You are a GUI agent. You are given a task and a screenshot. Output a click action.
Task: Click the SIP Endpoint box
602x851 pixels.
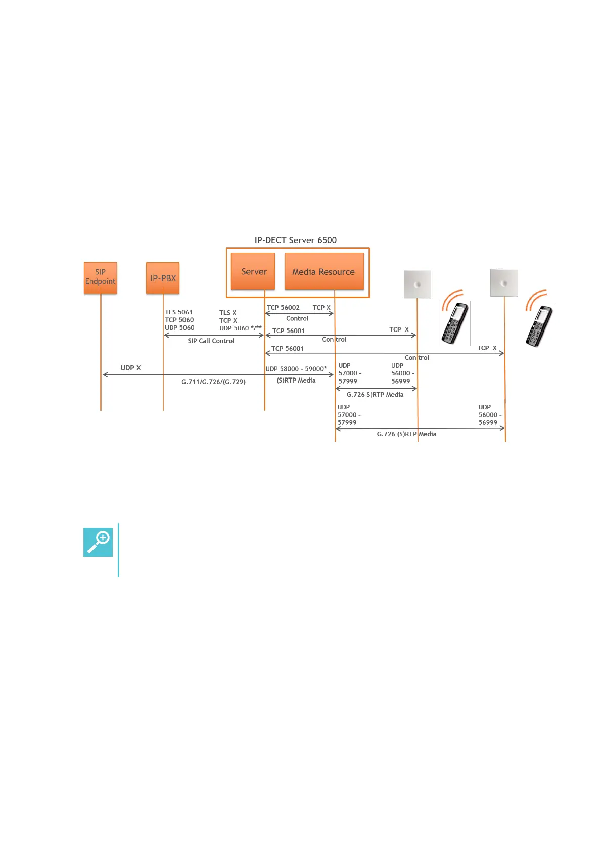click(100, 277)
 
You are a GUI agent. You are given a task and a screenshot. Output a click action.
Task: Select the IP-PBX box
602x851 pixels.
click(163, 278)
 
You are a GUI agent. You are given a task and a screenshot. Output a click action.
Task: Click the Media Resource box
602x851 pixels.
click(323, 271)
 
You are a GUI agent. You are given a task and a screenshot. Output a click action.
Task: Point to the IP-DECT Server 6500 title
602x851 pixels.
click(295, 240)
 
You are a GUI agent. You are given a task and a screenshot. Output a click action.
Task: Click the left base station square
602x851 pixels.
click(417, 284)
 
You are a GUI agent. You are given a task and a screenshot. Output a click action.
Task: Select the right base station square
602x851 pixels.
click(503, 282)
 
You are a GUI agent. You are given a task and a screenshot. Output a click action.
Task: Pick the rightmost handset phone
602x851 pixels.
click(539, 326)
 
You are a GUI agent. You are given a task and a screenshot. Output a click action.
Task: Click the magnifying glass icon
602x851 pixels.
click(98, 542)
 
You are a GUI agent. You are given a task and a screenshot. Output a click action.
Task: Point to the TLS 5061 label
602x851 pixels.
click(178, 312)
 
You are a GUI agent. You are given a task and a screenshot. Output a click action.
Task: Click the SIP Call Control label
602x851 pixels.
click(211, 341)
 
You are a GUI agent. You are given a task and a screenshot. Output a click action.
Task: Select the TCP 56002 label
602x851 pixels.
click(283, 308)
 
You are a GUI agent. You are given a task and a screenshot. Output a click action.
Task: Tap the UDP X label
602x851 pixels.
click(130, 368)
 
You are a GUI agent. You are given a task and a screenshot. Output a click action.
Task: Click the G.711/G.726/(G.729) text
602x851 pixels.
click(213, 382)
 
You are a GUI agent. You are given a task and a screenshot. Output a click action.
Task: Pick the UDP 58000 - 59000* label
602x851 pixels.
click(296, 369)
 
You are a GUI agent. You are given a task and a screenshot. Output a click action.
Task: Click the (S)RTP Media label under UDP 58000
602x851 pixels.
click(296, 381)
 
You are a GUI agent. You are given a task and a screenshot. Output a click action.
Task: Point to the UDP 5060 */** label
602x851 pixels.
click(240, 328)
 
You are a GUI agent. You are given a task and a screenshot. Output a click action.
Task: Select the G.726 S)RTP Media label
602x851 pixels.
click(375, 395)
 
